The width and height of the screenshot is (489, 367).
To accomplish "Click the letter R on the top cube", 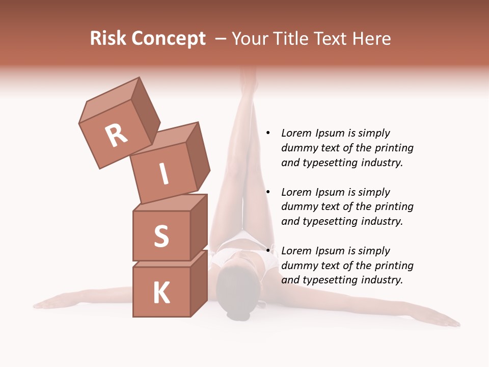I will [116, 136].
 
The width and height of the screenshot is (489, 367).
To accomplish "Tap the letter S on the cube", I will [161, 236].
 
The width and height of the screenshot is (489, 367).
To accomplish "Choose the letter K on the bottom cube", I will [161, 293].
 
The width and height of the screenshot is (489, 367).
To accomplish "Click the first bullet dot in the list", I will [267, 134].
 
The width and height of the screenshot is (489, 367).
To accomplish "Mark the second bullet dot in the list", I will [267, 193].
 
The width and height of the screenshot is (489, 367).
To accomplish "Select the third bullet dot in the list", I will [267, 251].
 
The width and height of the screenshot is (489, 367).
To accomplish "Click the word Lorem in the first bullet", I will [295, 134].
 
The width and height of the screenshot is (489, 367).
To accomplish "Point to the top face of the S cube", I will [171, 202].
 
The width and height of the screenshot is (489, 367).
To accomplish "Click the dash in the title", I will [221, 39].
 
